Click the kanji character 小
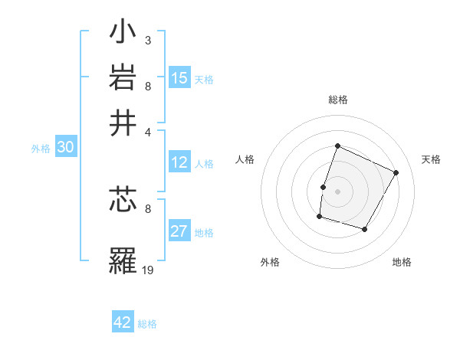pyautogui.click(x=123, y=34)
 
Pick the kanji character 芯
pyautogui.click(x=123, y=201)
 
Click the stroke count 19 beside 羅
pyautogui.click(x=148, y=270)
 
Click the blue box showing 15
pyautogui.click(x=179, y=78)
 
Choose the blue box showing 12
pyautogui.click(x=179, y=163)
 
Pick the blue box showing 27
pyautogui.click(x=179, y=232)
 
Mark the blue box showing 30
pyautogui.click(x=65, y=148)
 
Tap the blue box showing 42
pyautogui.click(x=123, y=322)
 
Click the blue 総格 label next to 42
pyautogui.click(x=147, y=324)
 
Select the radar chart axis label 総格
pyautogui.click(x=337, y=100)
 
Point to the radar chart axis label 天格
pyautogui.click(x=431, y=159)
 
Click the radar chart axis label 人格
pyautogui.click(x=245, y=159)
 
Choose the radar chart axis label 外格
pyautogui.click(x=270, y=263)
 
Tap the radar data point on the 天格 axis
pyautogui.click(x=396, y=172)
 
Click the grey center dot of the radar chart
pyautogui.click(x=337, y=190)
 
